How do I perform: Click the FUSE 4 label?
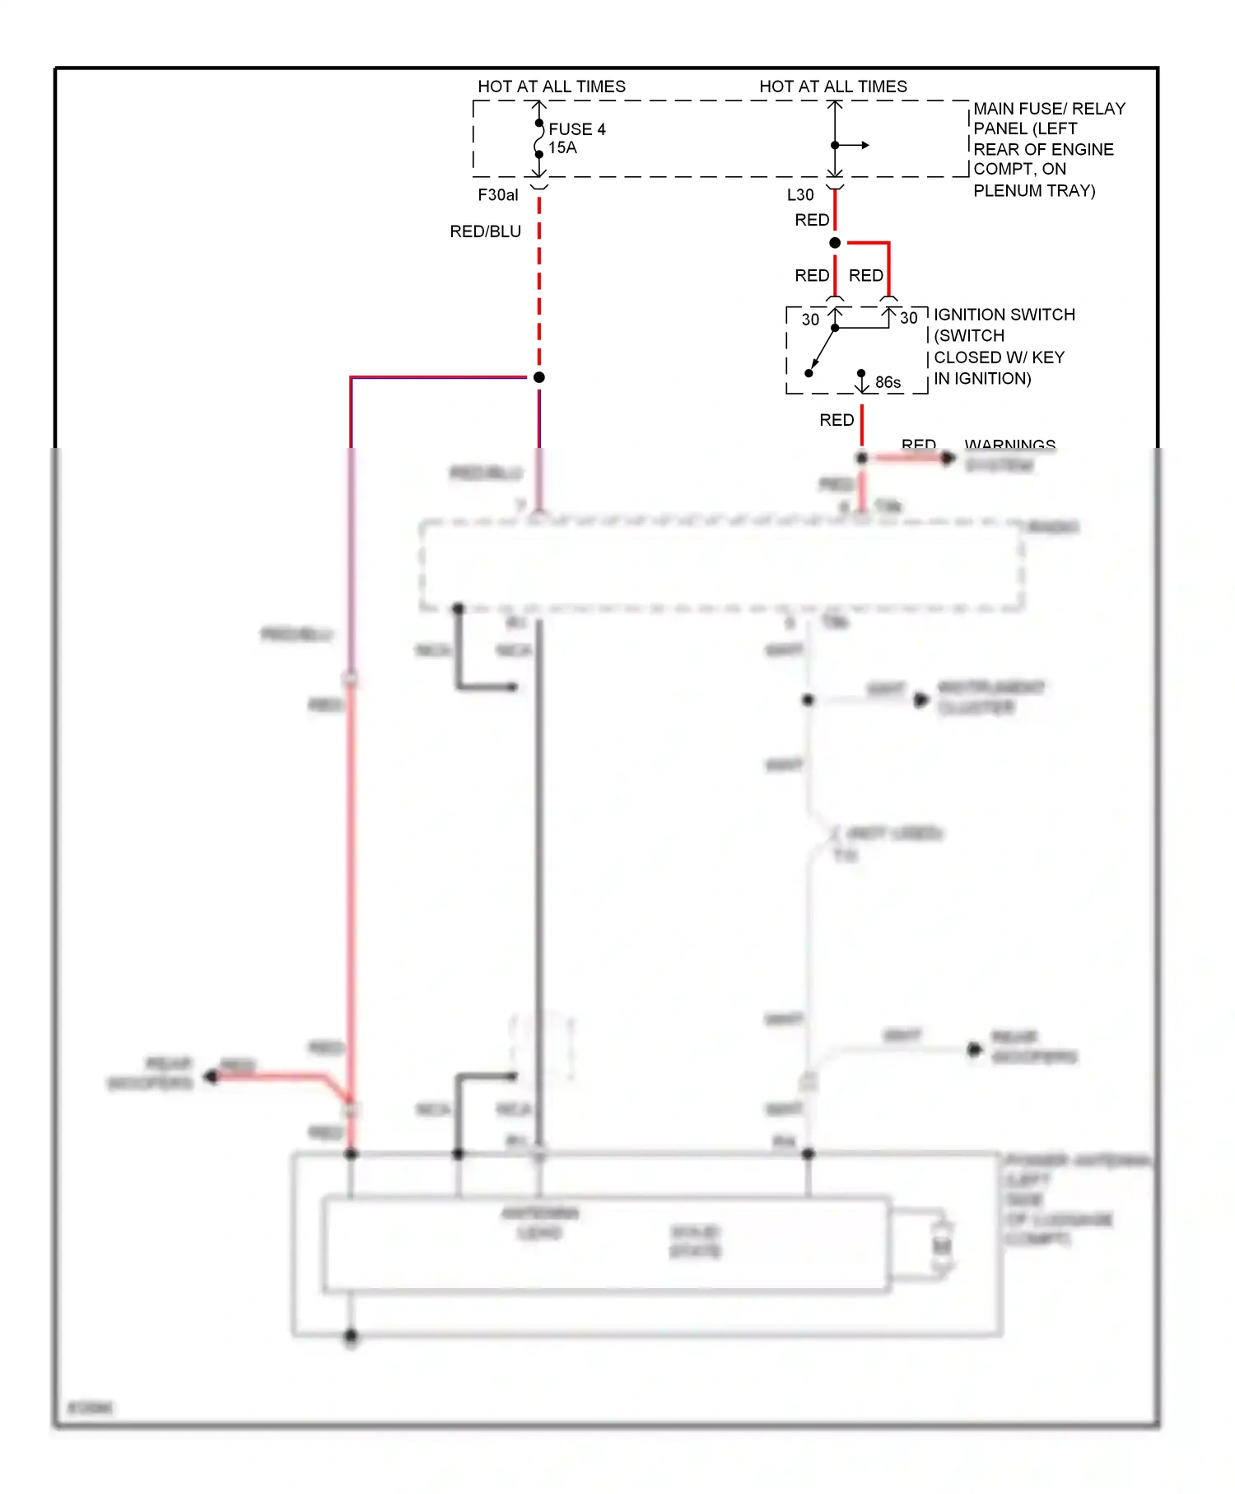576,129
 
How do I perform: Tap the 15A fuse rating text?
562,148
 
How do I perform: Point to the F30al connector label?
498,195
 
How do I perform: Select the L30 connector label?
799,195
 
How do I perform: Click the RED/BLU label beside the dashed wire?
485,232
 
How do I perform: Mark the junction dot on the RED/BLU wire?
539,377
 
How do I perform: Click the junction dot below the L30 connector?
835,243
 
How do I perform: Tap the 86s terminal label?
888,382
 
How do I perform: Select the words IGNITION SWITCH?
1004,315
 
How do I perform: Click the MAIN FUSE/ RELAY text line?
1049,109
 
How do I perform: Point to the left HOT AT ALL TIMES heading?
552,86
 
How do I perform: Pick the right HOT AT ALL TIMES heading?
833,86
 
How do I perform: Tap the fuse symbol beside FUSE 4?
539,138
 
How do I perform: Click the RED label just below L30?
812,220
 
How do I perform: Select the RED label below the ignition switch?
837,420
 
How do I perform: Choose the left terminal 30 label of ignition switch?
810,320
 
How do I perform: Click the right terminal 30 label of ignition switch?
908,318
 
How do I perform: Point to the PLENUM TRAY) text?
1034,191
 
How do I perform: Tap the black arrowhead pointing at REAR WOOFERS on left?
211,1076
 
